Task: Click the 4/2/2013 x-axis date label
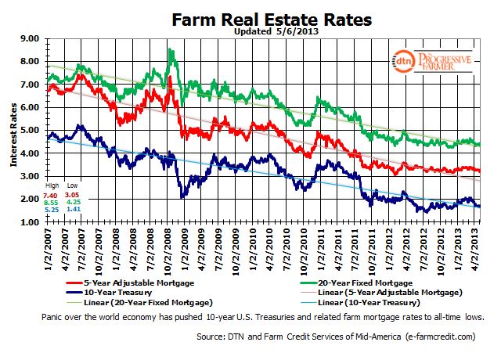pyautogui.click(x=476, y=249)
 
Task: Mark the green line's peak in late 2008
pyautogui.click(x=170, y=49)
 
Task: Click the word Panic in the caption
pyautogui.click(x=52, y=317)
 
